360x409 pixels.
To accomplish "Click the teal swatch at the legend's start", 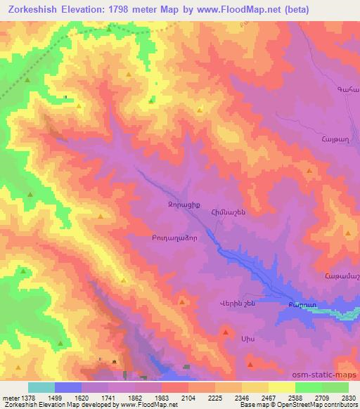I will [x=41, y=387].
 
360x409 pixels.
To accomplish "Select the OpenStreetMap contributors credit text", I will [x=319, y=405].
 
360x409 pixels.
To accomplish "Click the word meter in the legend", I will [x=11, y=398].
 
